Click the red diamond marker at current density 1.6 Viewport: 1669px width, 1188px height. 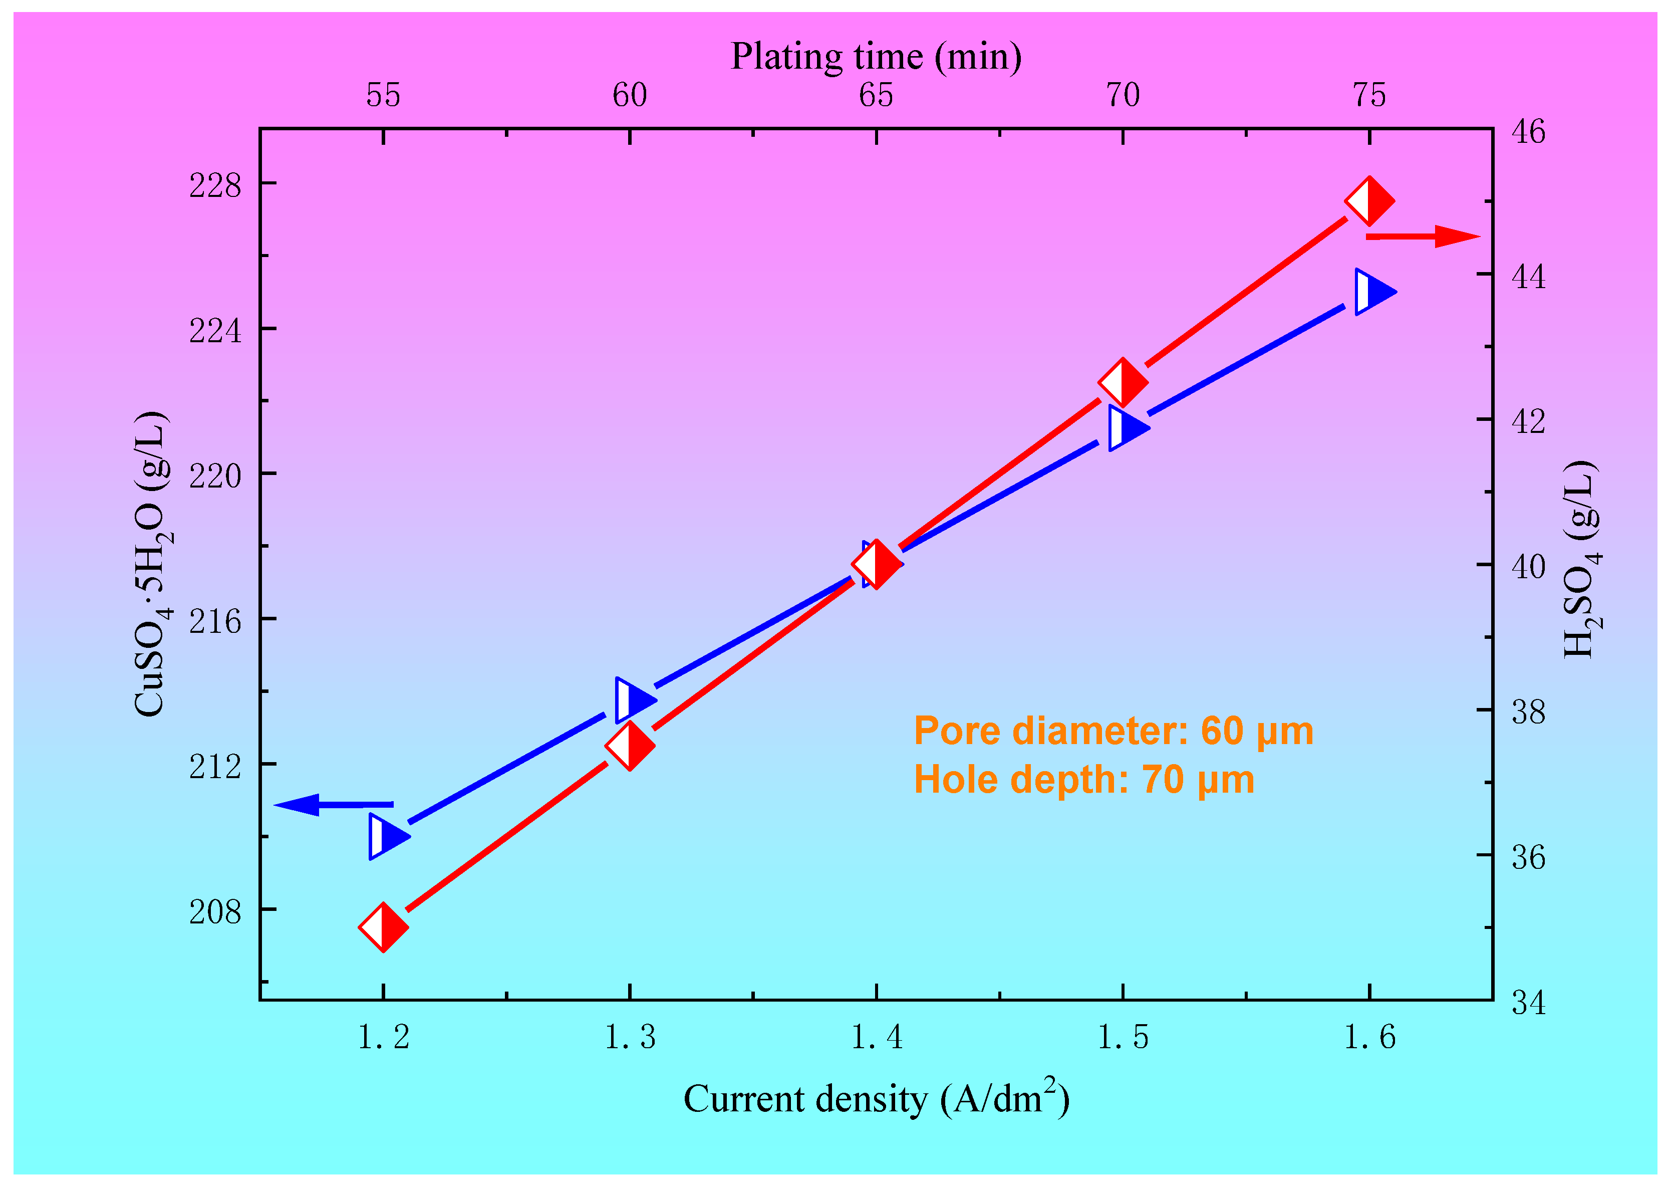tap(1369, 200)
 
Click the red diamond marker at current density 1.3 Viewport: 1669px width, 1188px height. tap(630, 746)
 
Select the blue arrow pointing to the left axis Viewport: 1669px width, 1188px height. tap(333, 805)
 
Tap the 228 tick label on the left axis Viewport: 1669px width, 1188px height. tap(214, 185)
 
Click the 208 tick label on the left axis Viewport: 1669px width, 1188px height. tap(214, 911)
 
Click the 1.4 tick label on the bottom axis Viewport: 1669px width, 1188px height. tap(876, 1037)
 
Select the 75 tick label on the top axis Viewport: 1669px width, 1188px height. tap(1369, 95)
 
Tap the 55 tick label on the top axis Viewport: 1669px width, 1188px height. tap(383, 95)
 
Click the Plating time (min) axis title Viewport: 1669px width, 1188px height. tap(876, 56)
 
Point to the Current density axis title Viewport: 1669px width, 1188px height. tap(876, 1099)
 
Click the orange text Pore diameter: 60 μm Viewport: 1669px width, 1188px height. tap(1113, 731)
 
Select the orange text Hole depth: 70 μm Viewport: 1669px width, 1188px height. tap(1084, 779)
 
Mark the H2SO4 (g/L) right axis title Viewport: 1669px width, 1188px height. tap(1581, 560)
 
